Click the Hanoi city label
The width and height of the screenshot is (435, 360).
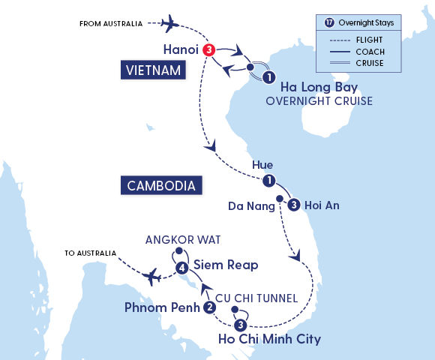[x=180, y=50]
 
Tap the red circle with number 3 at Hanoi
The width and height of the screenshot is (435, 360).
[x=209, y=50]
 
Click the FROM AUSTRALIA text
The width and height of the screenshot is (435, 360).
[x=110, y=24]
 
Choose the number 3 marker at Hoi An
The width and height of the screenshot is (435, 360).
[x=294, y=204]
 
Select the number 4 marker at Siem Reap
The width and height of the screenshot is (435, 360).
[x=181, y=267]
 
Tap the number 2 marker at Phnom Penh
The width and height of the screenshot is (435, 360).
[x=210, y=307]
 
